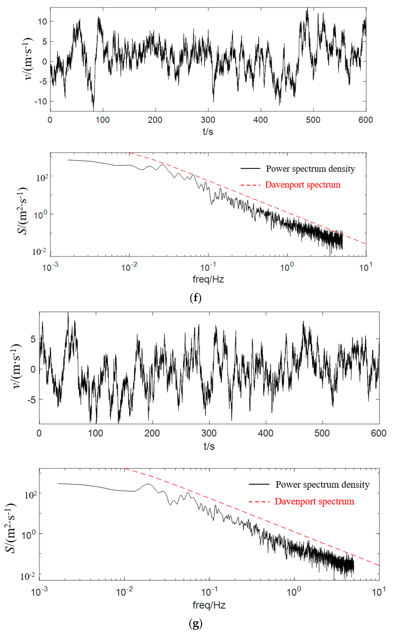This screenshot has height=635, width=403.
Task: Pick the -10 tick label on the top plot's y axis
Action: click(x=41, y=102)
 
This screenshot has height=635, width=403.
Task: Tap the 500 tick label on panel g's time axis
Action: click(x=322, y=433)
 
